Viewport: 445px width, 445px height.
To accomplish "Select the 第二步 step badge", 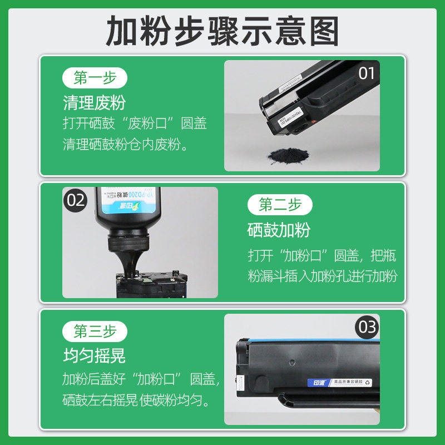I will coord(280,205).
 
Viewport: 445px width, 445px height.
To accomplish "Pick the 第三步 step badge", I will coord(96,332).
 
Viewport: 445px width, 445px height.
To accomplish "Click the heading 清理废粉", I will coord(94,102).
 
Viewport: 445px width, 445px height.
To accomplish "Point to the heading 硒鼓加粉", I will coord(279,230).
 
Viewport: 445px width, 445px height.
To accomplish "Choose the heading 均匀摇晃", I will coord(94,356).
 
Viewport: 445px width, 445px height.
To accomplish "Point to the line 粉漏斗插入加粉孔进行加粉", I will coord(323,276).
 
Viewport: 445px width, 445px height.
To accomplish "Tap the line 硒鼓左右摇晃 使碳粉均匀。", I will coord(136,400).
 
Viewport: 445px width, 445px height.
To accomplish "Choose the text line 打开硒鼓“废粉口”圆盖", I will coord(135,123).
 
